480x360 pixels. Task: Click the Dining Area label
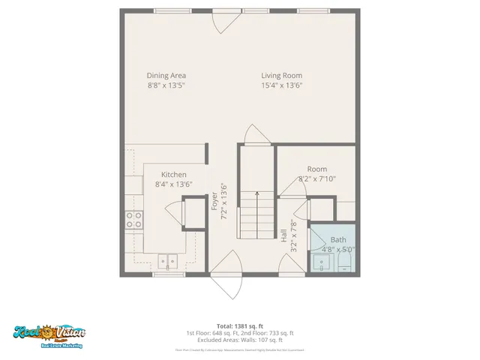point(166,75)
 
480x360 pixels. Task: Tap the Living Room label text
point(282,75)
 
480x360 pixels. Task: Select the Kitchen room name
point(173,175)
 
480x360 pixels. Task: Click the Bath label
point(338,240)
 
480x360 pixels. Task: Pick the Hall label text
point(284,235)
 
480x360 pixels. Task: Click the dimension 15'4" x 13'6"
point(282,85)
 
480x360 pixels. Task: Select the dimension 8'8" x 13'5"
point(166,85)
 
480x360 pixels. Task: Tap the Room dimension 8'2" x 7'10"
point(317,179)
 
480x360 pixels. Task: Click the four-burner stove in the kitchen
point(134,220)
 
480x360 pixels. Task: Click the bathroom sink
point(320,262)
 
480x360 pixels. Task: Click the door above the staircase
point(256,136)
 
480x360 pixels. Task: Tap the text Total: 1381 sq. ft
point(240,326)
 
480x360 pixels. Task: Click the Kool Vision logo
point(49,334)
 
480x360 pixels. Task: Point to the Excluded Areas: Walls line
point(240,339)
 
